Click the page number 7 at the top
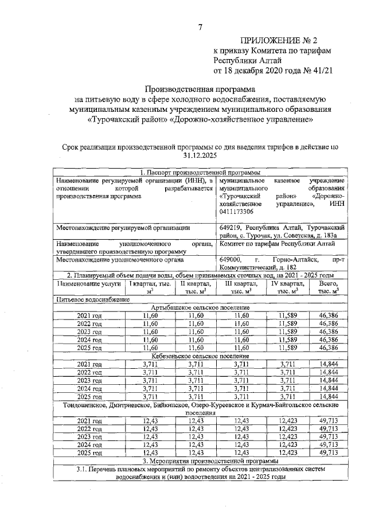200,28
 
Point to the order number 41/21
322,71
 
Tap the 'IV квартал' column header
287,287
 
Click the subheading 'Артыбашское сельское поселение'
200,307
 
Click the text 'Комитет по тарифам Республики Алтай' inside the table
278,244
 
